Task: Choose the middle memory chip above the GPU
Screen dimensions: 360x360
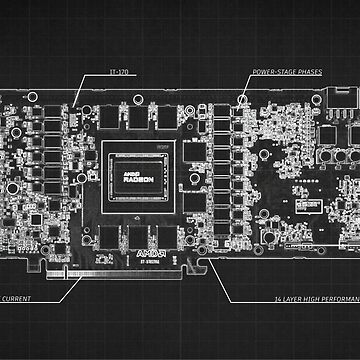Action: [142, 121]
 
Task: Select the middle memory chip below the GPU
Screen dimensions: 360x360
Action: [142, 240]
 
